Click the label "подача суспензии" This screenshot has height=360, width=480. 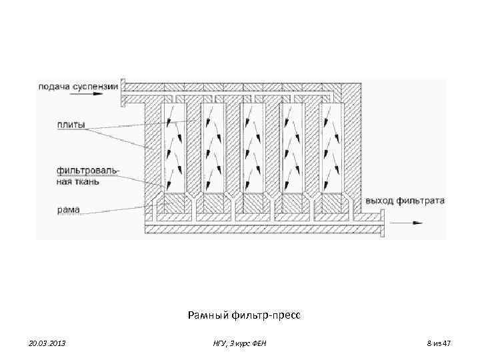click(79, 85)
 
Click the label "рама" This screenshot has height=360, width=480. click(69, 209)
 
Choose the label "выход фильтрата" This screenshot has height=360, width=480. click(405, 200)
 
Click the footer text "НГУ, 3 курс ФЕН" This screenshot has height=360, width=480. click(241, 343)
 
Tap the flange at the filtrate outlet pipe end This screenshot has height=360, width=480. click(383, 223)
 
